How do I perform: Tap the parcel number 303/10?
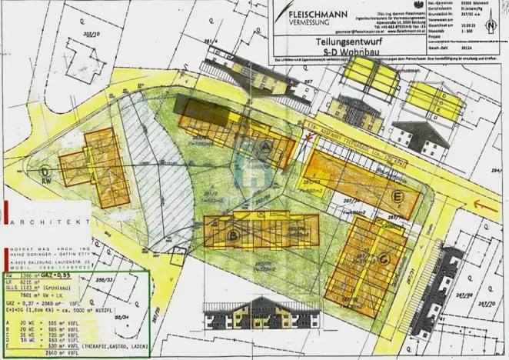pyautogui.click(x=92, y=35)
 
